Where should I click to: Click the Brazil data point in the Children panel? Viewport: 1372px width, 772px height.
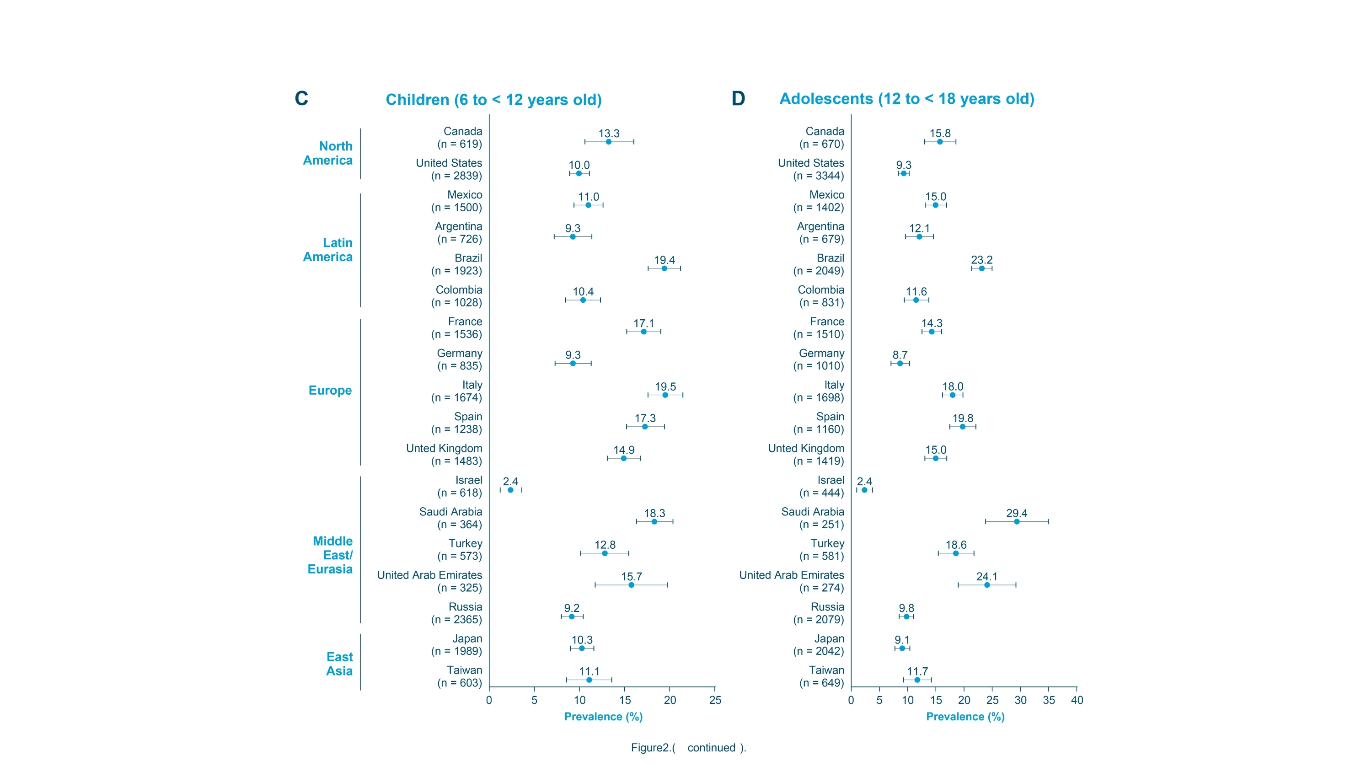pyautogui.click(x=664, y=268)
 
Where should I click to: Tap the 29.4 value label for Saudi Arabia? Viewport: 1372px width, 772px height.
pyautogui.click(x=1016, y=513)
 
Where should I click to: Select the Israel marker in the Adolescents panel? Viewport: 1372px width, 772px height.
pyautogui.click(x=864, y=490)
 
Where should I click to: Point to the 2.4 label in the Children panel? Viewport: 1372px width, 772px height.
pyautogui.click(x=510, y=482)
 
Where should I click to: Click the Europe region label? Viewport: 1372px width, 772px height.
pyautogui.click(x=330, y=391)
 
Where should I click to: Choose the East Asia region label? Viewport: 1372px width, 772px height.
pyautogui.click(x=339, y=664)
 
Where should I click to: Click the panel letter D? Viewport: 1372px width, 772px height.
pyautogui.click(x=738, y=99)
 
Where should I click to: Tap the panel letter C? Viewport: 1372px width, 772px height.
pyautogui.click(x=301, y=99)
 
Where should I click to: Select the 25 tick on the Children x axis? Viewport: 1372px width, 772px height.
pyautogui.click(x=715, y=700)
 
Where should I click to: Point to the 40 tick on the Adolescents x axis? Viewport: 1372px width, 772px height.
pyautogui.click(x=1077, y=700)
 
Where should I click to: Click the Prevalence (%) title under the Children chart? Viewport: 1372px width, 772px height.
pyautogui.click(x=603, y=717)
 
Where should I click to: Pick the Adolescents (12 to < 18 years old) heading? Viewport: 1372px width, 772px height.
pyautogui.click(x=906, y=99)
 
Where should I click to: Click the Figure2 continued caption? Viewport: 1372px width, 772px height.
pyautogui.click(x=688, y=747)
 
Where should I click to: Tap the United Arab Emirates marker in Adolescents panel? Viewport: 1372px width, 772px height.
pyautogui.click(x=987, y=585)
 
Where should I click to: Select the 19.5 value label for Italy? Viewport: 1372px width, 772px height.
pyautogui.click(x=665, y=387)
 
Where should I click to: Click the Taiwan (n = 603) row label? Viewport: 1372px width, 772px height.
pyautogui.click(x=460, y=676)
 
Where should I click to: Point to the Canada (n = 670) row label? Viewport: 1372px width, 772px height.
pyautogui.click(x=821, y=138)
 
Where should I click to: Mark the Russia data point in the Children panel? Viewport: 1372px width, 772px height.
pyautogui.click(x=572, y=617)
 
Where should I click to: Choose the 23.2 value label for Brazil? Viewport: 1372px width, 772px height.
pyautogui.click(x=981, y=260)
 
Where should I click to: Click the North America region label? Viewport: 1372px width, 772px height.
pyautogui.click(x=327, y=154)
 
